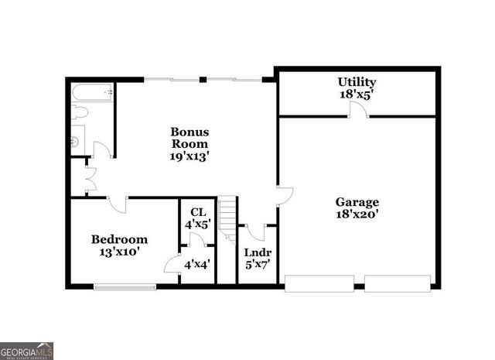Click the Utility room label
[x=357, y=82]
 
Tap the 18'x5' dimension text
[x=357, y=95]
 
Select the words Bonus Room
[x=189, y=138]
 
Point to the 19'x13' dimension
[x=189, y=156]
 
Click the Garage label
[x=357, y=202]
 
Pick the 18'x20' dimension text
[x=357, y=215]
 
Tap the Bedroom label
[x=119, y=239]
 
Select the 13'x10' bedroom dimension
[x=119, y=252]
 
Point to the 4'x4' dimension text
[x=196, y=265]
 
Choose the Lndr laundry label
[x=257, y=252]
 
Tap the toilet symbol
[x=79, y=113]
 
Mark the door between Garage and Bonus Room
[x=283, y=196]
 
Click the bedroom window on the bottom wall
[x=125, y=287]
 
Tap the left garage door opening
[x=319, y=283]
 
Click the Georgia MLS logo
[x=27, y=351]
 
